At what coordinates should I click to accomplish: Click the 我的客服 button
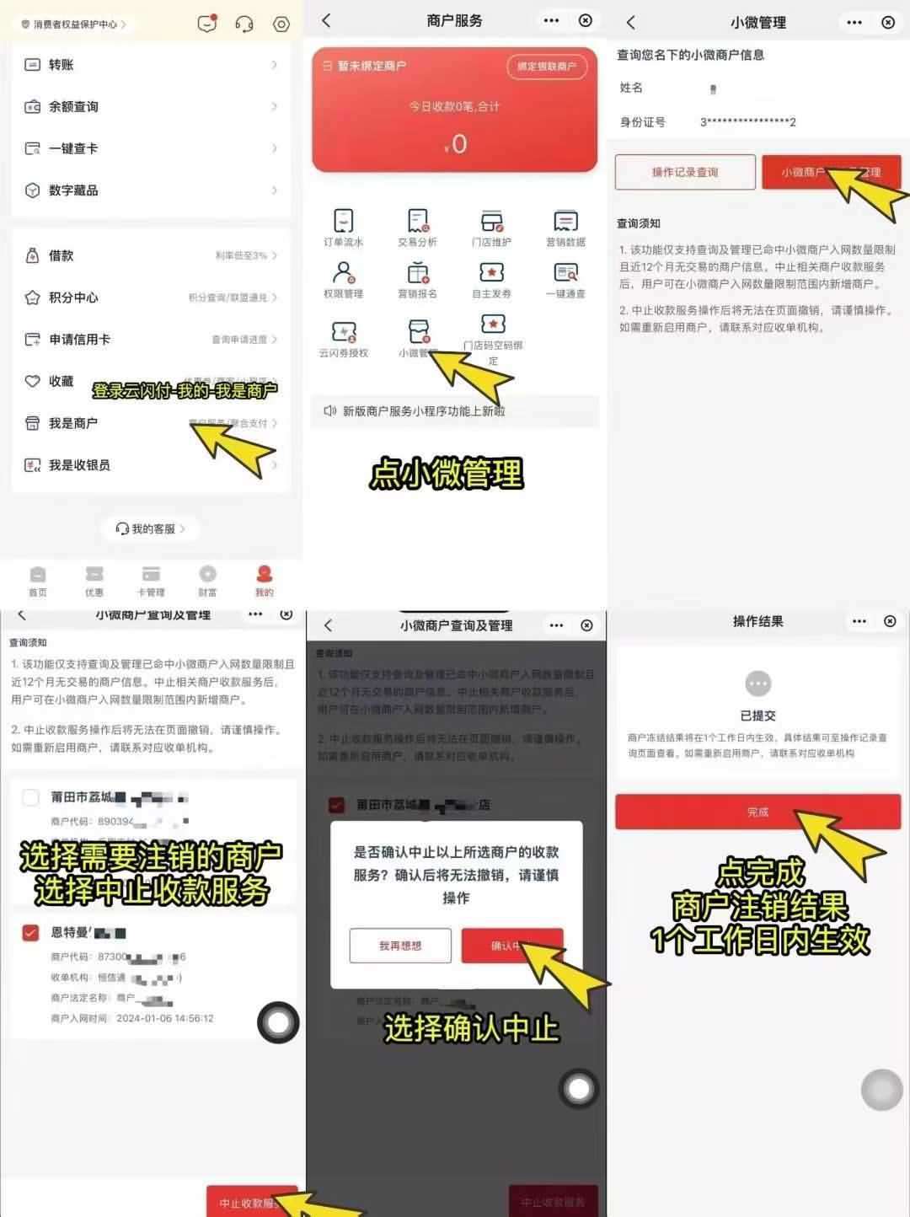point(150,529)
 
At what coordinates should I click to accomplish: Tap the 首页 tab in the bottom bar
point(38,581)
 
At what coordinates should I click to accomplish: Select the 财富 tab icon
point(207,581)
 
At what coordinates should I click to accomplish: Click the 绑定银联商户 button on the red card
point(547,66)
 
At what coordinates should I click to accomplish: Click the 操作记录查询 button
point(685,172)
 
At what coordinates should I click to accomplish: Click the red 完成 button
point(757,812)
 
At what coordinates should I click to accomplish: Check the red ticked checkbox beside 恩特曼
point(31,932)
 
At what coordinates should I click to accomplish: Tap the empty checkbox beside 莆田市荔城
point(31,797)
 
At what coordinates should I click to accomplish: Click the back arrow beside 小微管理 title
point(631,23)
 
